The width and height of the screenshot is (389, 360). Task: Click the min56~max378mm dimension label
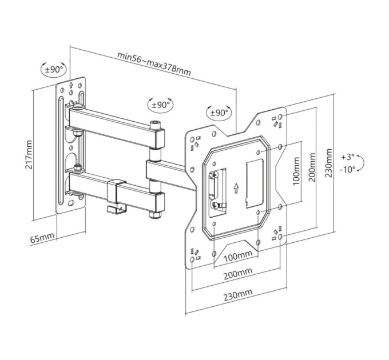tap(154, 63)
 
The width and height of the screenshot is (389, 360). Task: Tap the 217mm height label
tap(29, 155)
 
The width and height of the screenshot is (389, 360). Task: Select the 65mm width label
tap(42, 237)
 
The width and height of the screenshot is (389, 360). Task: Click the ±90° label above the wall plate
tap(54, 69)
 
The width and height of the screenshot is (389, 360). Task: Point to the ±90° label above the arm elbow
tap(161, 105)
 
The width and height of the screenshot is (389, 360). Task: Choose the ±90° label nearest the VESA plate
tap(219, 113)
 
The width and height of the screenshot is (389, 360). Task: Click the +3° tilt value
tap(348, 157)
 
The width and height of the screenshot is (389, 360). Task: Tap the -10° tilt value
tap(348, 170)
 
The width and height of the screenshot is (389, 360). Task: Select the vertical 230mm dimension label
tap(328, 163)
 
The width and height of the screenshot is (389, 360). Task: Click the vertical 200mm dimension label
tap(312, 167)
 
